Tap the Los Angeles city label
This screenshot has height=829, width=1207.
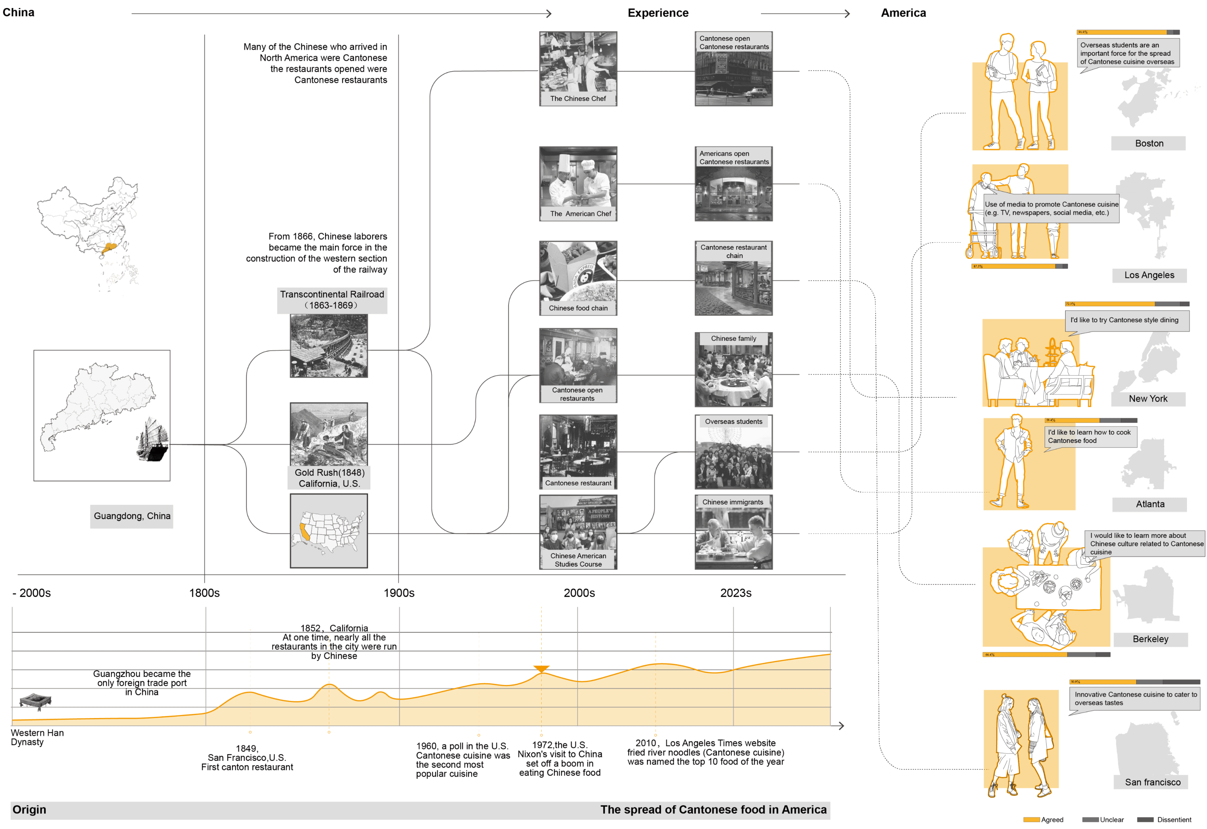tap(1149, 275)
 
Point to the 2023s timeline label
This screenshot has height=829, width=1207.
tap(735, 593)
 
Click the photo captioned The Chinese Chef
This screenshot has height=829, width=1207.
tap(578, 69)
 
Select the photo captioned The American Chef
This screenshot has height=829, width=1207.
tap(578, 183)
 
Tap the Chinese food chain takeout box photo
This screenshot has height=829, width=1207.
tap(578, 278)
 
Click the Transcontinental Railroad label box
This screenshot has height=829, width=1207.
tap(332, 300)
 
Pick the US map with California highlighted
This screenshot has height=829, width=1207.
tap(329, 531)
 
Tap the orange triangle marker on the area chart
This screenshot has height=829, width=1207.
tap(541, 669)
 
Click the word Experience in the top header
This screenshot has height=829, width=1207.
tap(658, 13)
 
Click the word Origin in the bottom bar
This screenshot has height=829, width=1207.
tap(30, 810)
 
